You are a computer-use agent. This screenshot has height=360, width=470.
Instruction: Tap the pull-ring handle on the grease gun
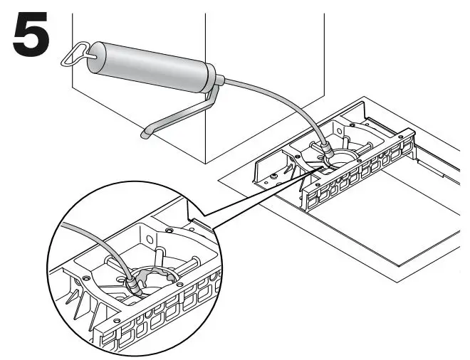(80, 51)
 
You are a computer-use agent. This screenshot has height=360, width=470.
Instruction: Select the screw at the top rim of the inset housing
(169, 231)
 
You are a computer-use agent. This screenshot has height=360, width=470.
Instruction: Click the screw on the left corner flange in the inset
(85, 277)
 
